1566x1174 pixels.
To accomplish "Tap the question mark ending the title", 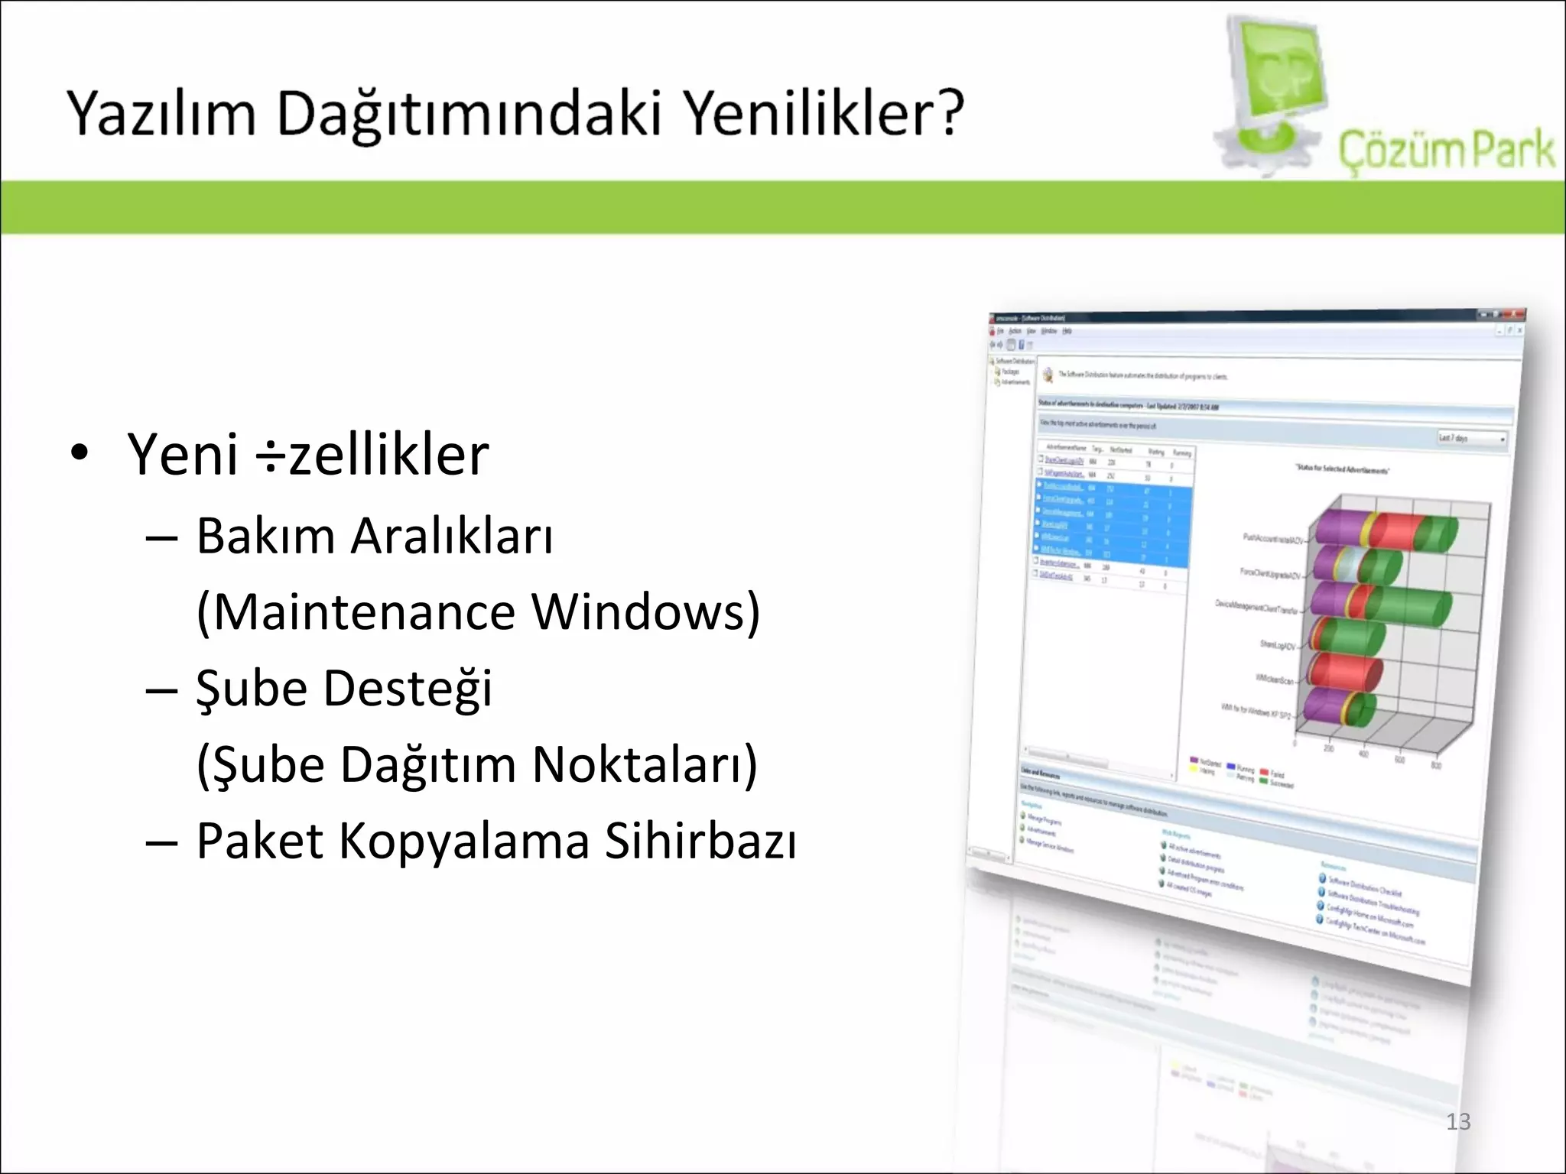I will tap(948, 113).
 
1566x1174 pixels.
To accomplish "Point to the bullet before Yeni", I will tap(80, 452).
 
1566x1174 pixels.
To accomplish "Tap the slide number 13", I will tap(1458, 1121).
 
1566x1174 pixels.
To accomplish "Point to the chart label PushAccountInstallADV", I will tap(1272, 539).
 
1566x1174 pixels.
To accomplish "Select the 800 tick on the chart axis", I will tap(1436, 765).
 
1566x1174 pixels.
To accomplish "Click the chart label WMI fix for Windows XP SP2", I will tap(1256, 712).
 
